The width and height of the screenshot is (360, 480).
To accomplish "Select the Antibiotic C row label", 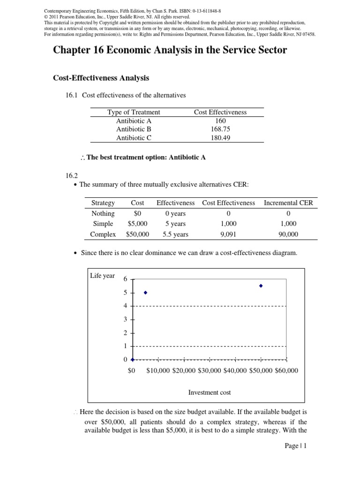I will coord(134,138).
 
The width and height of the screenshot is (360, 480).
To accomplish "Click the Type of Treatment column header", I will coord(134,112).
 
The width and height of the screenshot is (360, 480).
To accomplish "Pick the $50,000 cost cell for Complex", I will coord(137,234).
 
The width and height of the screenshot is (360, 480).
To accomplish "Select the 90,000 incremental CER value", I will coord(288,234).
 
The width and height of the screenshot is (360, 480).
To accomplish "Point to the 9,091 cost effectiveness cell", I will coord(228,234).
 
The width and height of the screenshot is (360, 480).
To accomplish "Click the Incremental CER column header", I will coord(288,203).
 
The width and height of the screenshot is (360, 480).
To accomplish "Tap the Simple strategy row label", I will coord(103,224).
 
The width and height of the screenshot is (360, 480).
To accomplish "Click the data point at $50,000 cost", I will coord(261,285).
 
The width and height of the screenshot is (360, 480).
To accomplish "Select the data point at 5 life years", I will coord(145,292).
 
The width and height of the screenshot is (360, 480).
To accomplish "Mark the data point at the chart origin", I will coord(133,360).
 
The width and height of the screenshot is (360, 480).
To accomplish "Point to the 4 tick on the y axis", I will coord(125,306).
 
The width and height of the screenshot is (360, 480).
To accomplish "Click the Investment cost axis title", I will coord(210,392).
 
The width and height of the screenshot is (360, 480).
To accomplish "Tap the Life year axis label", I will coord(102,276).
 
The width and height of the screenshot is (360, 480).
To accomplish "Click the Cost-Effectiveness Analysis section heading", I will coord(101,78).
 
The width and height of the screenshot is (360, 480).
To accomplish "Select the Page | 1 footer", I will coord(295,446).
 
